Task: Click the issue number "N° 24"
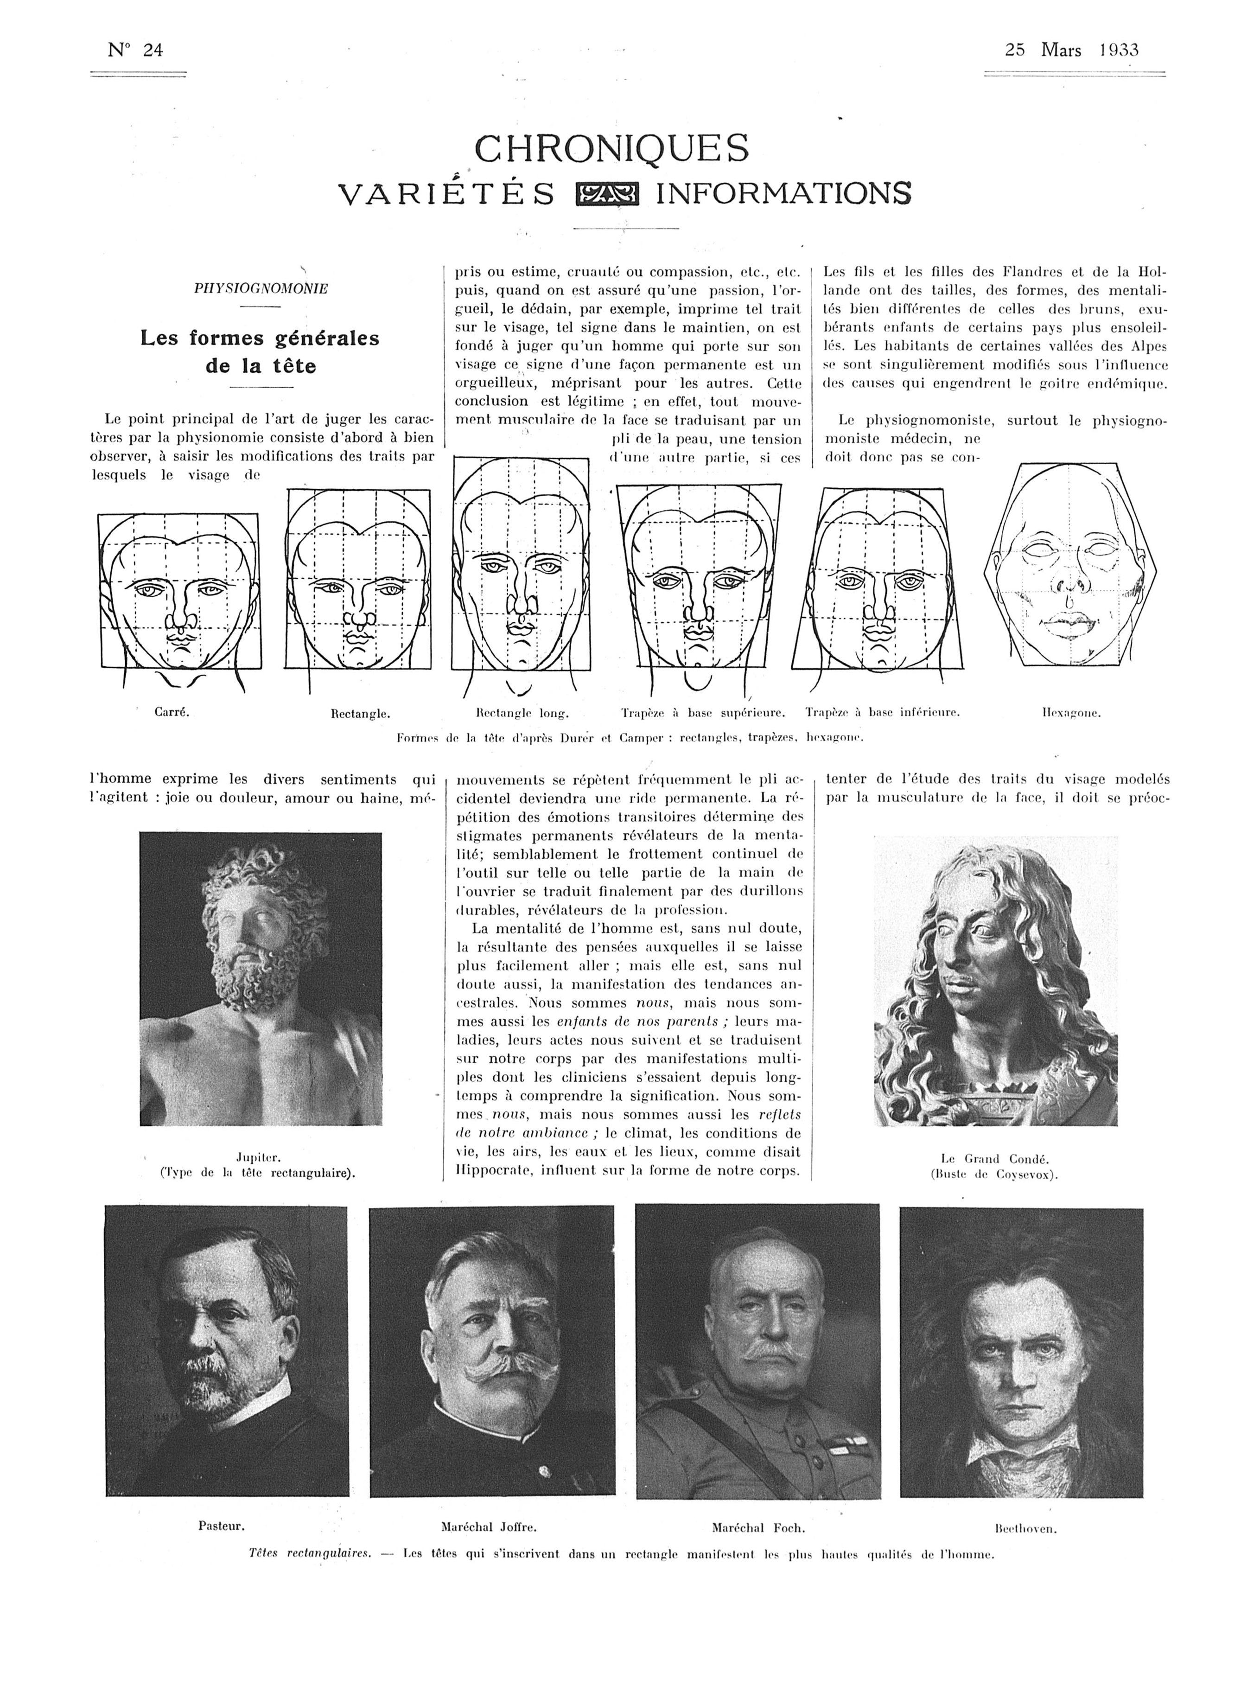click(136, 51)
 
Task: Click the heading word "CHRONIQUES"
click(612, 149)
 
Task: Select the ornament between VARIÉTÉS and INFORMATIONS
click(607, 195)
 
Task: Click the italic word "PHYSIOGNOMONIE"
click(261, 289)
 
